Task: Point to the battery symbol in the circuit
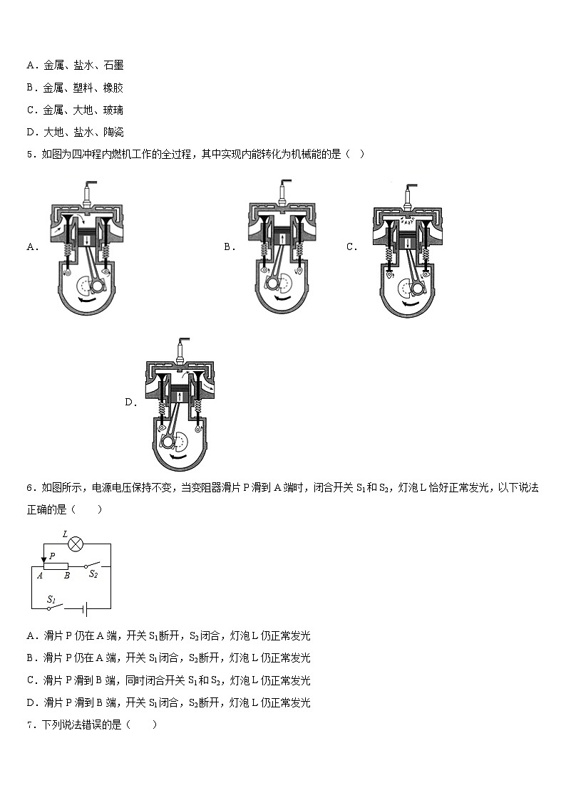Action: click(x=84, y=608)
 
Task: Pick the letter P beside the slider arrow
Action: click(x=52, y=556)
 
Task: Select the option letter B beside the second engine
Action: click(x=228, y=246)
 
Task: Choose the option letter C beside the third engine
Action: click(x=351, y=246)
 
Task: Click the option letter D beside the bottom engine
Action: click(x=130, y=402)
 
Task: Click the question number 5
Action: click(x=29, y=154)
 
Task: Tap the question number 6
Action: click(x=29, y=488)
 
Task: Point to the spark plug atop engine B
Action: click(x=284, y=191)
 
